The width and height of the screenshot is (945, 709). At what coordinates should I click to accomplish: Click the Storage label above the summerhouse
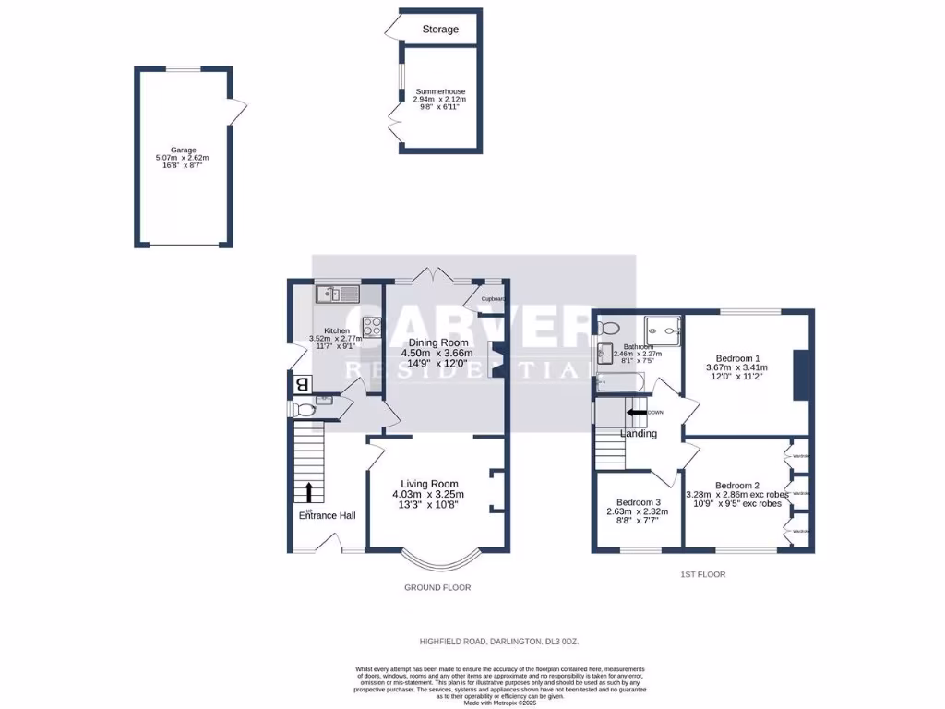pos(440,30)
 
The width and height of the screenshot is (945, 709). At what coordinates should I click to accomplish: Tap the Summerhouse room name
pos(440,92)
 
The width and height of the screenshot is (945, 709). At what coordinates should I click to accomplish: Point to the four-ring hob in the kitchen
pos(373,325)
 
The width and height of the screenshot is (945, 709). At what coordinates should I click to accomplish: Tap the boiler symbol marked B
pos(301,385)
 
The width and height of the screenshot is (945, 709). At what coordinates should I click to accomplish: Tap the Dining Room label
pos(436,342)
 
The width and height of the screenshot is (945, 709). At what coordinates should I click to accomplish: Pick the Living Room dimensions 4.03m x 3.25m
pos(429,495)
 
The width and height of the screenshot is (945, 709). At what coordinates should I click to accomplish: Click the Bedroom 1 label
pos(737,357)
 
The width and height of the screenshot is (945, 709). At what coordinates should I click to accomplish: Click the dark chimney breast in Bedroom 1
pos(798,375)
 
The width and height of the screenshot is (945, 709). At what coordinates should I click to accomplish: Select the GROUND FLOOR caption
pos(437,587)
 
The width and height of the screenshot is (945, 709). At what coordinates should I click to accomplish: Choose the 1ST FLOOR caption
pos(703,574)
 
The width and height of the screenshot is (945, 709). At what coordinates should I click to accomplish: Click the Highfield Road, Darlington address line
pos(499,641)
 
